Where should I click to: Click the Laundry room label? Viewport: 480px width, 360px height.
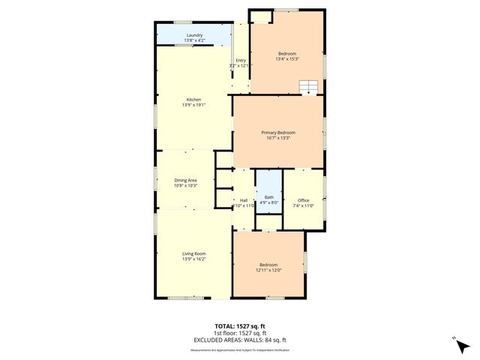[x=194, y=34]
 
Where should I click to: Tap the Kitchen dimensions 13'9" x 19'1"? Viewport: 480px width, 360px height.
[x=194, y=105]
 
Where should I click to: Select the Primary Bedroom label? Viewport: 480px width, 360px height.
[x=279, y=132]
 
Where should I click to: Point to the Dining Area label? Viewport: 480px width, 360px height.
[x=186, y=180]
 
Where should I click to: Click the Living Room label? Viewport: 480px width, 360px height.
[x=194, y=253]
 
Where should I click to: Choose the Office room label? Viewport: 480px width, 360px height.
[x=303, y=200]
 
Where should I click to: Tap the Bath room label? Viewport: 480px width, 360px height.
[x=269, y=197]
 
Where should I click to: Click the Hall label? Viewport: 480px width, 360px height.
[x=244, y=200]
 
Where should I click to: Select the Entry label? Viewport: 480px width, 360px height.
[x=241, y=61]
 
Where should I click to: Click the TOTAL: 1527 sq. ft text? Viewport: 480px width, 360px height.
[x=240, y=326]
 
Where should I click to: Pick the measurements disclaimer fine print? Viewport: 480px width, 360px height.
[x=240, y=349]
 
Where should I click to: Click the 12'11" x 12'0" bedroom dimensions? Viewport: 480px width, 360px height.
[x=268, y=269]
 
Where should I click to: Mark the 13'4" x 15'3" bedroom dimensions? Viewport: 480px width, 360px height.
[x=287, y=58]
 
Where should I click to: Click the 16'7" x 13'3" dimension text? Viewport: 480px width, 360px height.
[x=279, y=138]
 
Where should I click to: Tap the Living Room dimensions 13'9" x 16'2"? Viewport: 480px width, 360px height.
[x=194, y=259]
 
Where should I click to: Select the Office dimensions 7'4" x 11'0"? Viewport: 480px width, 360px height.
[x=303, y=205]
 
